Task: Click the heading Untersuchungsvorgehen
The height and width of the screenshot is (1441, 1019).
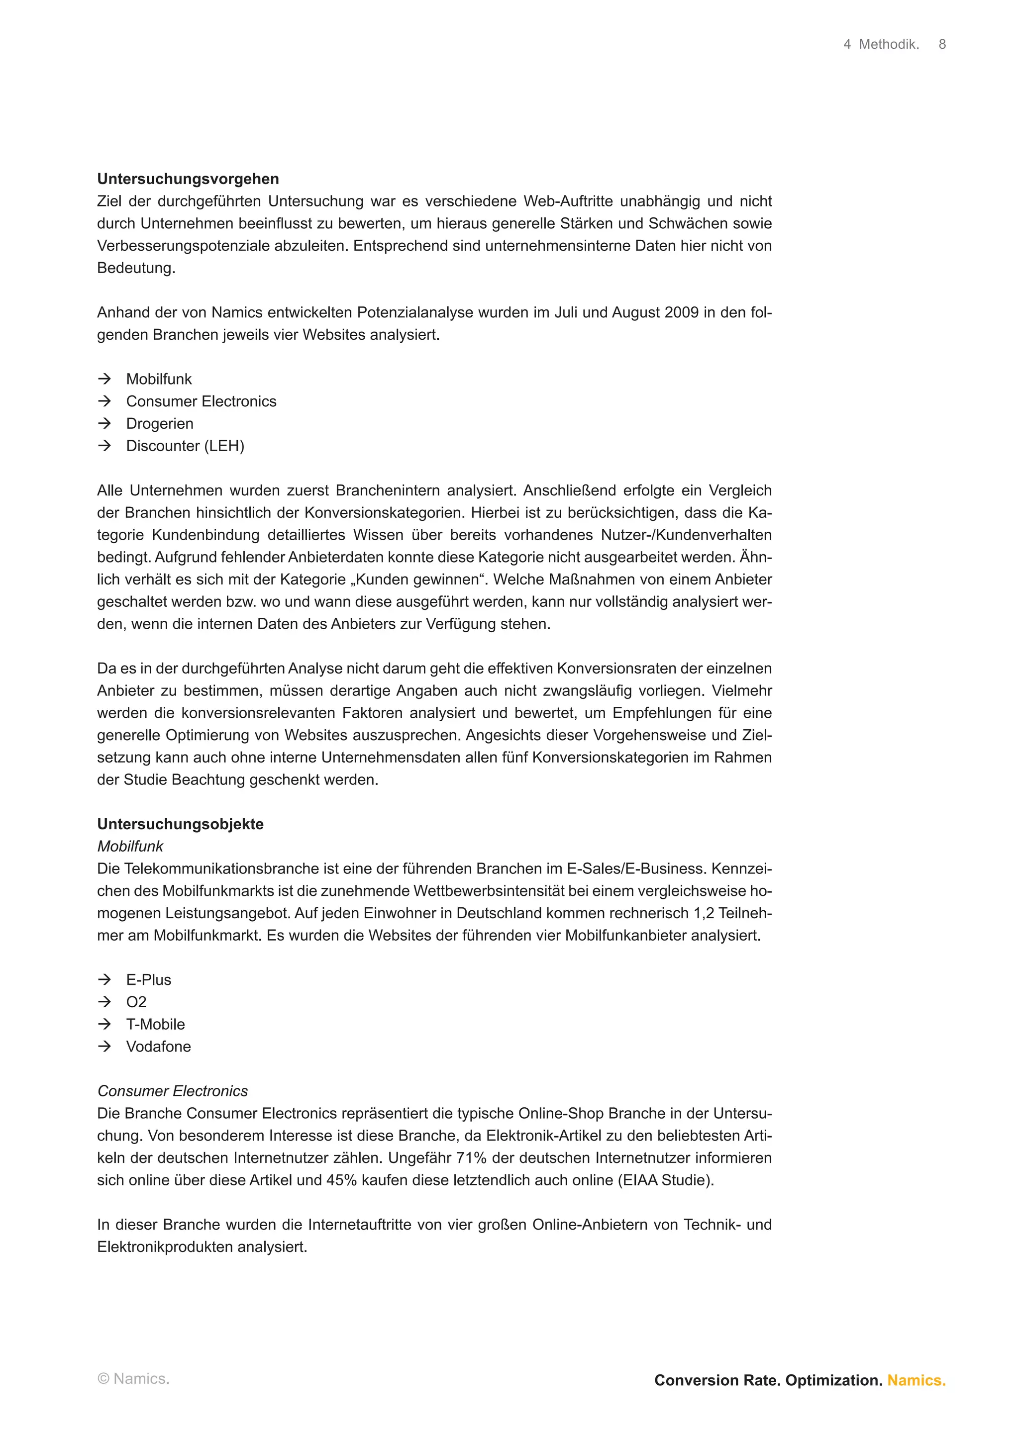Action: [188, 179]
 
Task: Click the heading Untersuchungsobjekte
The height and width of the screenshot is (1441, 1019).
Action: [180, 824]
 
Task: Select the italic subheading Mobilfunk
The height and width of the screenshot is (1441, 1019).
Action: [130, 846]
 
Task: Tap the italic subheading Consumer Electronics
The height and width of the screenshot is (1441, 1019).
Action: [173, 1091]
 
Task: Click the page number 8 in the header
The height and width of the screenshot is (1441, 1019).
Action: [942, 45]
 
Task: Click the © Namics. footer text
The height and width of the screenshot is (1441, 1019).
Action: [133, 1379]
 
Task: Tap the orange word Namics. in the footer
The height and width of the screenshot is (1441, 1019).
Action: [916, 1380]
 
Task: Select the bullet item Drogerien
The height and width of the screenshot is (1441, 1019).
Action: [160, 424]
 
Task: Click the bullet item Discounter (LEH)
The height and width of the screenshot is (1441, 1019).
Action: [185, 446]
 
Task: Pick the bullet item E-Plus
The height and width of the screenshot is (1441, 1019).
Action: [148, 980]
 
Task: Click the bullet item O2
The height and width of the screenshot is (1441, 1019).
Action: [136, 1002]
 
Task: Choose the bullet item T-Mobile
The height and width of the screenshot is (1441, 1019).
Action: [155, 1024]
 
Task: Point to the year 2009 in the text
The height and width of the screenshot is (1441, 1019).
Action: [681, 312]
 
